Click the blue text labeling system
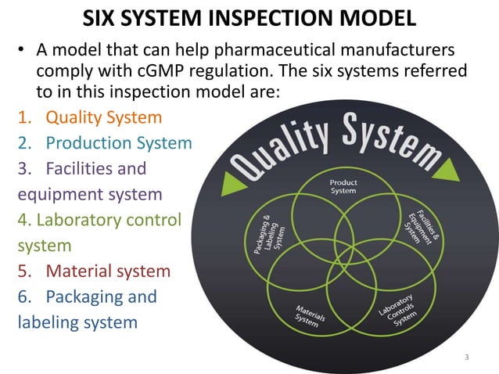tap(77, 322)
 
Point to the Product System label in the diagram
tap(343, 185)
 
